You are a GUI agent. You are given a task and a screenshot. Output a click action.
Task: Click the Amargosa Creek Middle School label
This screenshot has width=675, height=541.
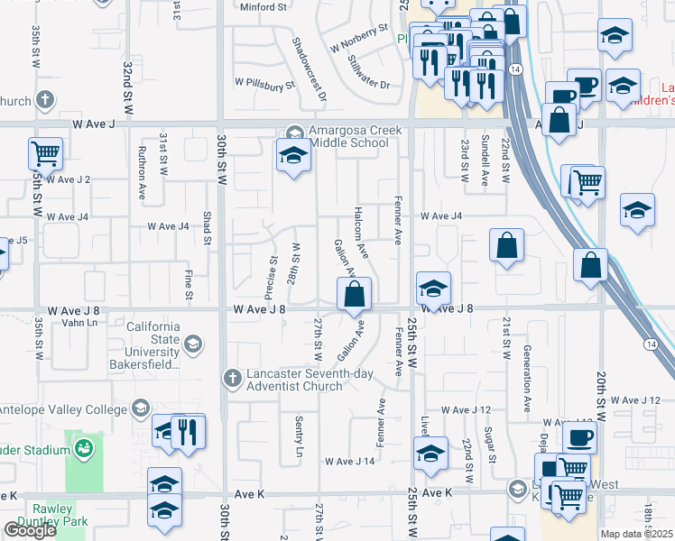(x=355, y=137)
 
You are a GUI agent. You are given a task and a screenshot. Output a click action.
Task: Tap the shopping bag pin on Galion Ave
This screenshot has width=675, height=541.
(x=355, y=294)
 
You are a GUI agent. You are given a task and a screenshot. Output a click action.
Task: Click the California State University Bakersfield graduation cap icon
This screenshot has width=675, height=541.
(x=193, y=344)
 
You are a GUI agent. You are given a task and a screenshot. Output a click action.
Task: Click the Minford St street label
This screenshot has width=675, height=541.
(x=262, y=7)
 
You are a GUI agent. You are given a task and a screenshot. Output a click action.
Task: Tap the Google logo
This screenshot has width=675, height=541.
(x=30, y=530)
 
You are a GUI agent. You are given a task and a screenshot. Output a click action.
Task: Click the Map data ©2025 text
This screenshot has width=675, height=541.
(x=636, y=534)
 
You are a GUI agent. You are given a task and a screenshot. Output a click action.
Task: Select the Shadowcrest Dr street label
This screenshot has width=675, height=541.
(x=309, y=56)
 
